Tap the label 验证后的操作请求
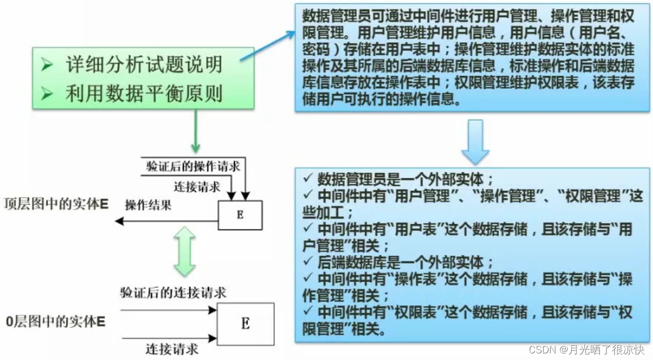coord(193,165)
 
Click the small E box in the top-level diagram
coord(240,214)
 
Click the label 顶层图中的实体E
coord(55,205)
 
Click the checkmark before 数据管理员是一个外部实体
coord(308,179)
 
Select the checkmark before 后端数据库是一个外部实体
coord(308,261)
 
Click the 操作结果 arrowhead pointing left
coord(119,222)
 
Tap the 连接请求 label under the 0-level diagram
coord(172,348)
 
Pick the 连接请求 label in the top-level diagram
coord(197,186)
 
